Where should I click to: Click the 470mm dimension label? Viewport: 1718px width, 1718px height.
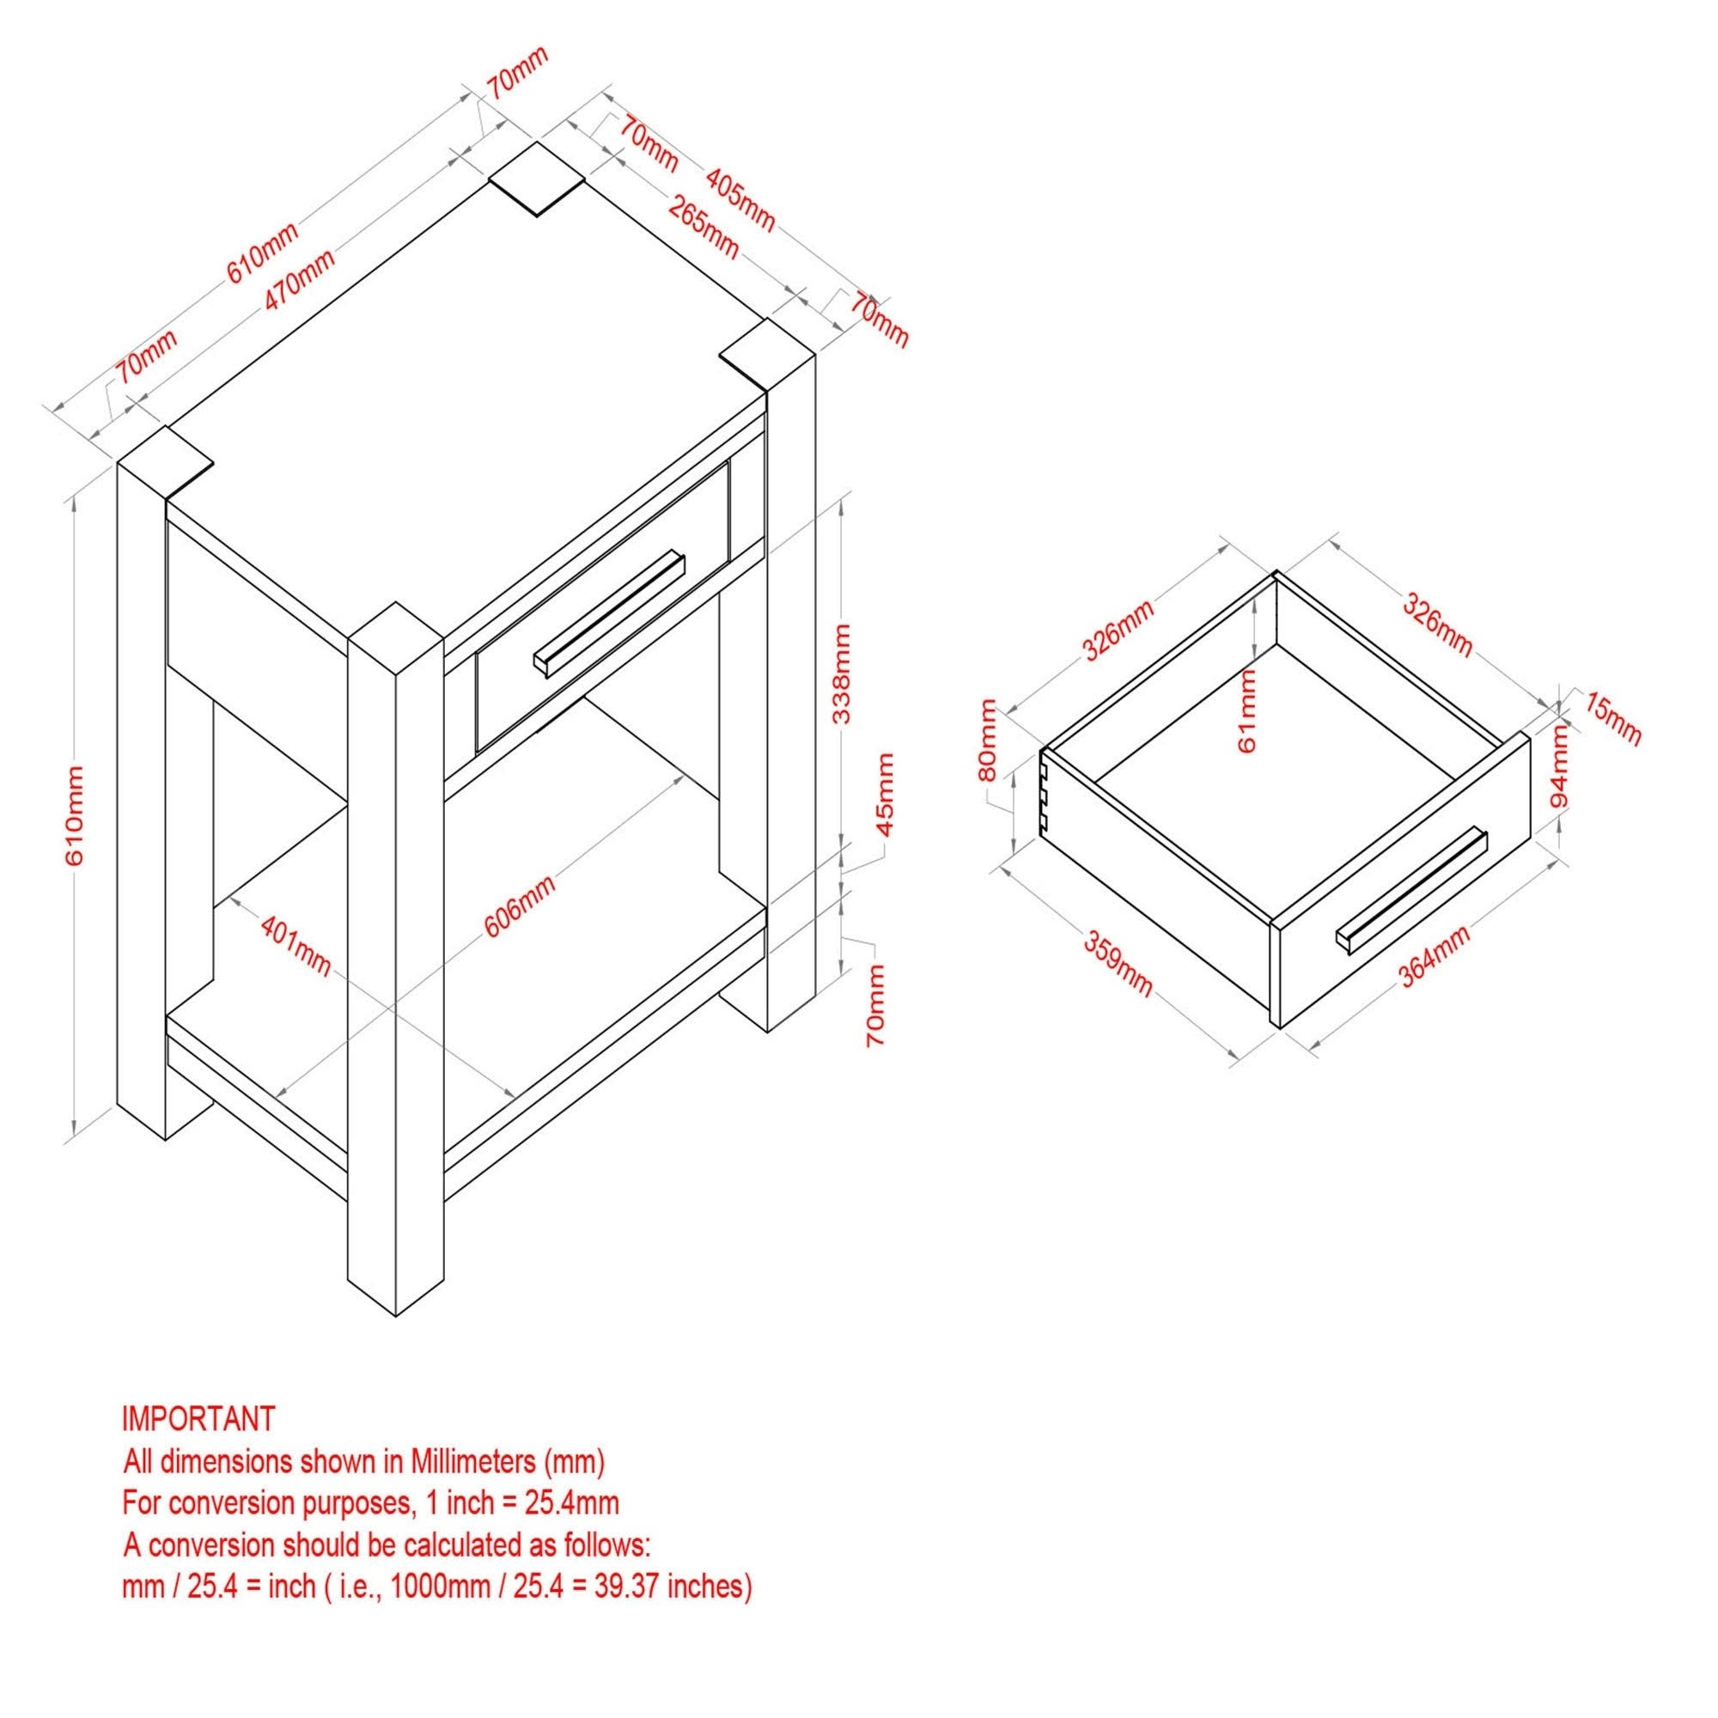(x=300, y=280)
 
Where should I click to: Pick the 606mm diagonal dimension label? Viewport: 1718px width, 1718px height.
(x=521, y=906)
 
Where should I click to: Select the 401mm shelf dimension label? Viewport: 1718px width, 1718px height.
(x=296, y=945)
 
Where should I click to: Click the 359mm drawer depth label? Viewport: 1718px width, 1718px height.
(x=1117, y=963)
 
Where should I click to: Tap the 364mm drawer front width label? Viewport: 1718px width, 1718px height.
(x=1435, y=954)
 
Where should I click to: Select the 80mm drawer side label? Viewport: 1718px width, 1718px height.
(x=987, y=740)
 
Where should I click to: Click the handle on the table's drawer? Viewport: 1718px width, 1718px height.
(x=609, y=613)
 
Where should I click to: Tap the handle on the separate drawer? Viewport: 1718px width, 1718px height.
(x=1410, y=891)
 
